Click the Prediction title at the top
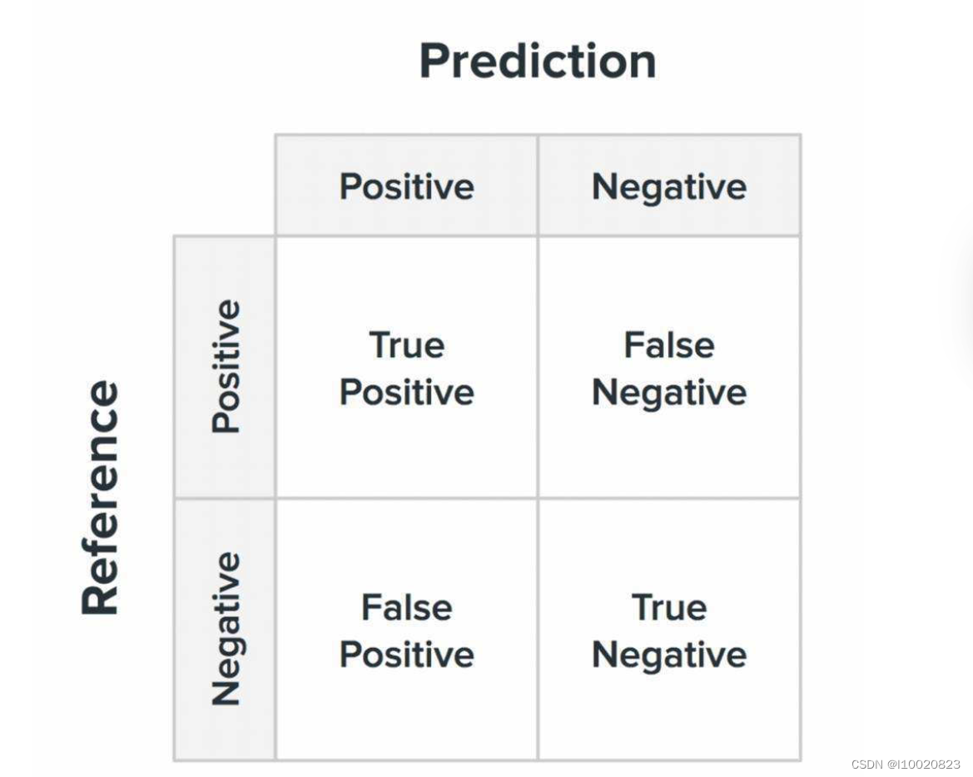coord(538,61)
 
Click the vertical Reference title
coord(100,497)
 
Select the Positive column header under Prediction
coord(406,186)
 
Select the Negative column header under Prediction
coord(669,187)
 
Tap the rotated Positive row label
coord(226,367)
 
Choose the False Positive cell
coord(406,631)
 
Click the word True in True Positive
coord(406,344)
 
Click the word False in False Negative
coord(669,344)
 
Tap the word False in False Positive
coord(406,607)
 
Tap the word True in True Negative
coord(669,607)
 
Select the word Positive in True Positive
coord(406,392)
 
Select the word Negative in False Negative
coord(669,393)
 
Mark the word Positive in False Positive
coord(406,654)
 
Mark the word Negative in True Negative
coord(669,656)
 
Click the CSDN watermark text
coord(906,765)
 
